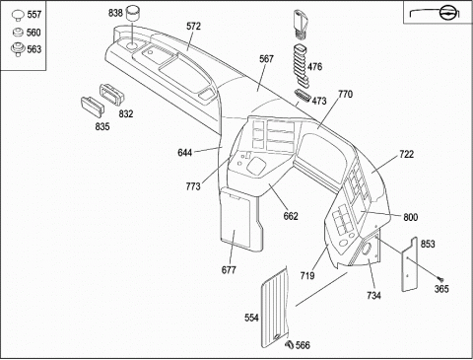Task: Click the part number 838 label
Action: pos(115,13)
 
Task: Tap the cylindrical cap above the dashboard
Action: pos(133,13)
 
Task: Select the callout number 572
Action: pos(193,27)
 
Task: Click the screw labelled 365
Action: pos(440,280)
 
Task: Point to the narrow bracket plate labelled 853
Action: pos(410,264)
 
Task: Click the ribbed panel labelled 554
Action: pos(274,308)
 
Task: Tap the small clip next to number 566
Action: pos(290,344)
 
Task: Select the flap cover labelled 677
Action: pos(241,219)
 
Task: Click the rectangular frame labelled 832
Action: pos(112,95)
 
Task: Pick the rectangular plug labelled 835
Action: pos(93,107)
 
